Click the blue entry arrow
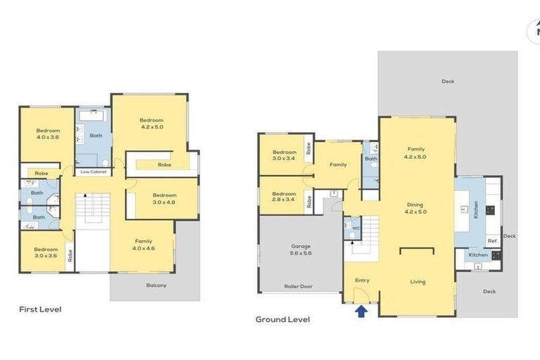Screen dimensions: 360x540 click(x=361, y=310)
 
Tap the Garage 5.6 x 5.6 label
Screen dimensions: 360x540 click(x=300, y=250)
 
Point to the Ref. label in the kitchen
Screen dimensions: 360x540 click(x=492, y=240)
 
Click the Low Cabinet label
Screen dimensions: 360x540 click(x=94, y=172)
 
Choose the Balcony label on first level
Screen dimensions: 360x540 click(x=156, y=285)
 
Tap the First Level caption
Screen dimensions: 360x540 click(x=39, y=309)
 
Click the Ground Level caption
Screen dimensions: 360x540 click(x=282, y=319)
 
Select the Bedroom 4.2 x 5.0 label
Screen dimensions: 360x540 click(x=151, y=124)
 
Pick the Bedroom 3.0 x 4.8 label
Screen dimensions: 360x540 click(x=165, y=198)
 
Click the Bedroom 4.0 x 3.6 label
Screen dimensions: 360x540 click(x=48, y=134)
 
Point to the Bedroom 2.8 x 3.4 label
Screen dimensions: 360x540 click(x=284, y=198)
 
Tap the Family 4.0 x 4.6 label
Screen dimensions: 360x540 click(x=144, y=244)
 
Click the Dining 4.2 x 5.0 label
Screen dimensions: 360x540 click(x=416, y=208)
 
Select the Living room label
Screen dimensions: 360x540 click(x=418, y=282)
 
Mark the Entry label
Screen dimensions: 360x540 click(x=362, y=281)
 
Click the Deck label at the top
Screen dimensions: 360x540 click(x=448, y=82)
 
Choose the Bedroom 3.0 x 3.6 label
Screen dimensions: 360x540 click(x=46, y=252)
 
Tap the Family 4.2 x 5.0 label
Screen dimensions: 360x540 click(x=416, y=153)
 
